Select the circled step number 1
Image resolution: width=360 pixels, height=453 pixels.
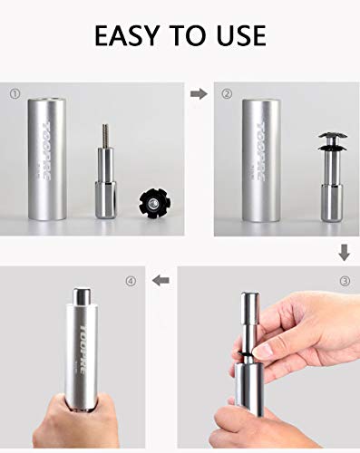click(15, 93)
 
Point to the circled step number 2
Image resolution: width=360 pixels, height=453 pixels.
click(227, 93)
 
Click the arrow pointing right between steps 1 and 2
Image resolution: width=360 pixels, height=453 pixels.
click(197, 92)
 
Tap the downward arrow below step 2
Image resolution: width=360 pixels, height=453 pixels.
click(344, 249)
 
